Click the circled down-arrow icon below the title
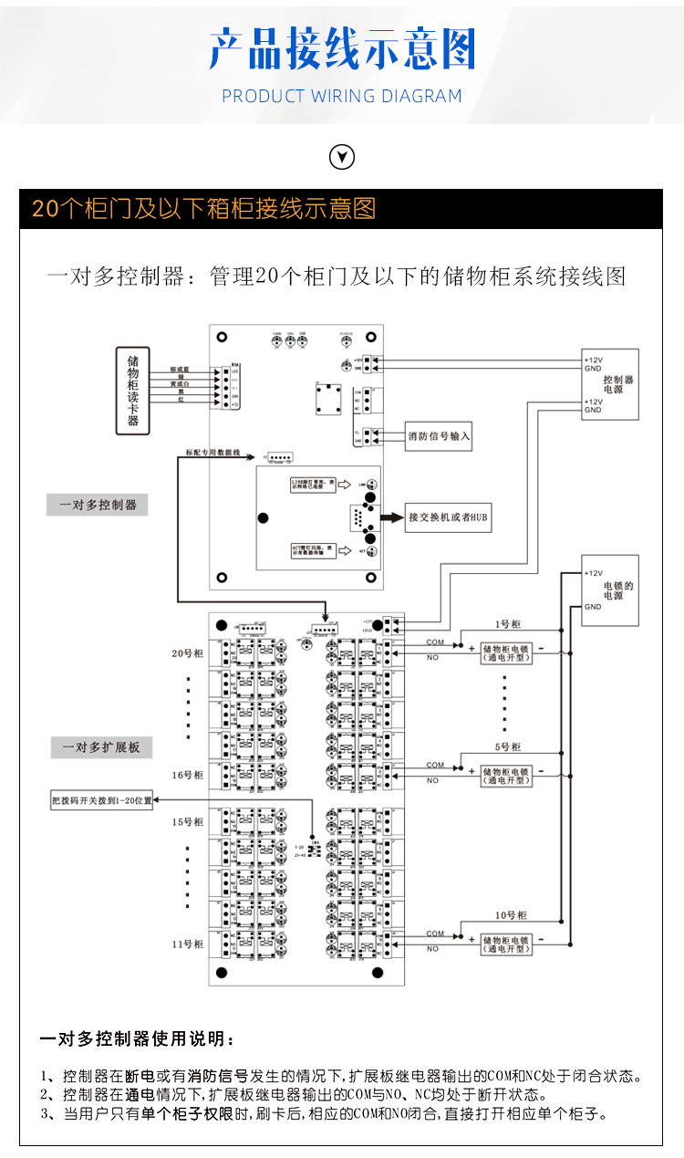click(341, 157)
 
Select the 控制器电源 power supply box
click(610, 384)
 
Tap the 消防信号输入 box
click(440, 436)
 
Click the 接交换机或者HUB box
click(449, 516)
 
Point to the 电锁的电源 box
click(610, 589)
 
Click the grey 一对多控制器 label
click(98, 505)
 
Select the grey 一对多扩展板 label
click(101, 747)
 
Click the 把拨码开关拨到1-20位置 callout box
click(102, 800)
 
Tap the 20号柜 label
click(187, 653)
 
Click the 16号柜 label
click(187, 775)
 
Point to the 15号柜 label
click(187, 822)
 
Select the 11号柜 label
click(187, 944)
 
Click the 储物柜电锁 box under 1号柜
click(506, 653)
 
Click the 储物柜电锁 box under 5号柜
click(506, 775)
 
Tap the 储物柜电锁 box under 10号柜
click(506, 944)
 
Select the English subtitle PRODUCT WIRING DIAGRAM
click(342, 96)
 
